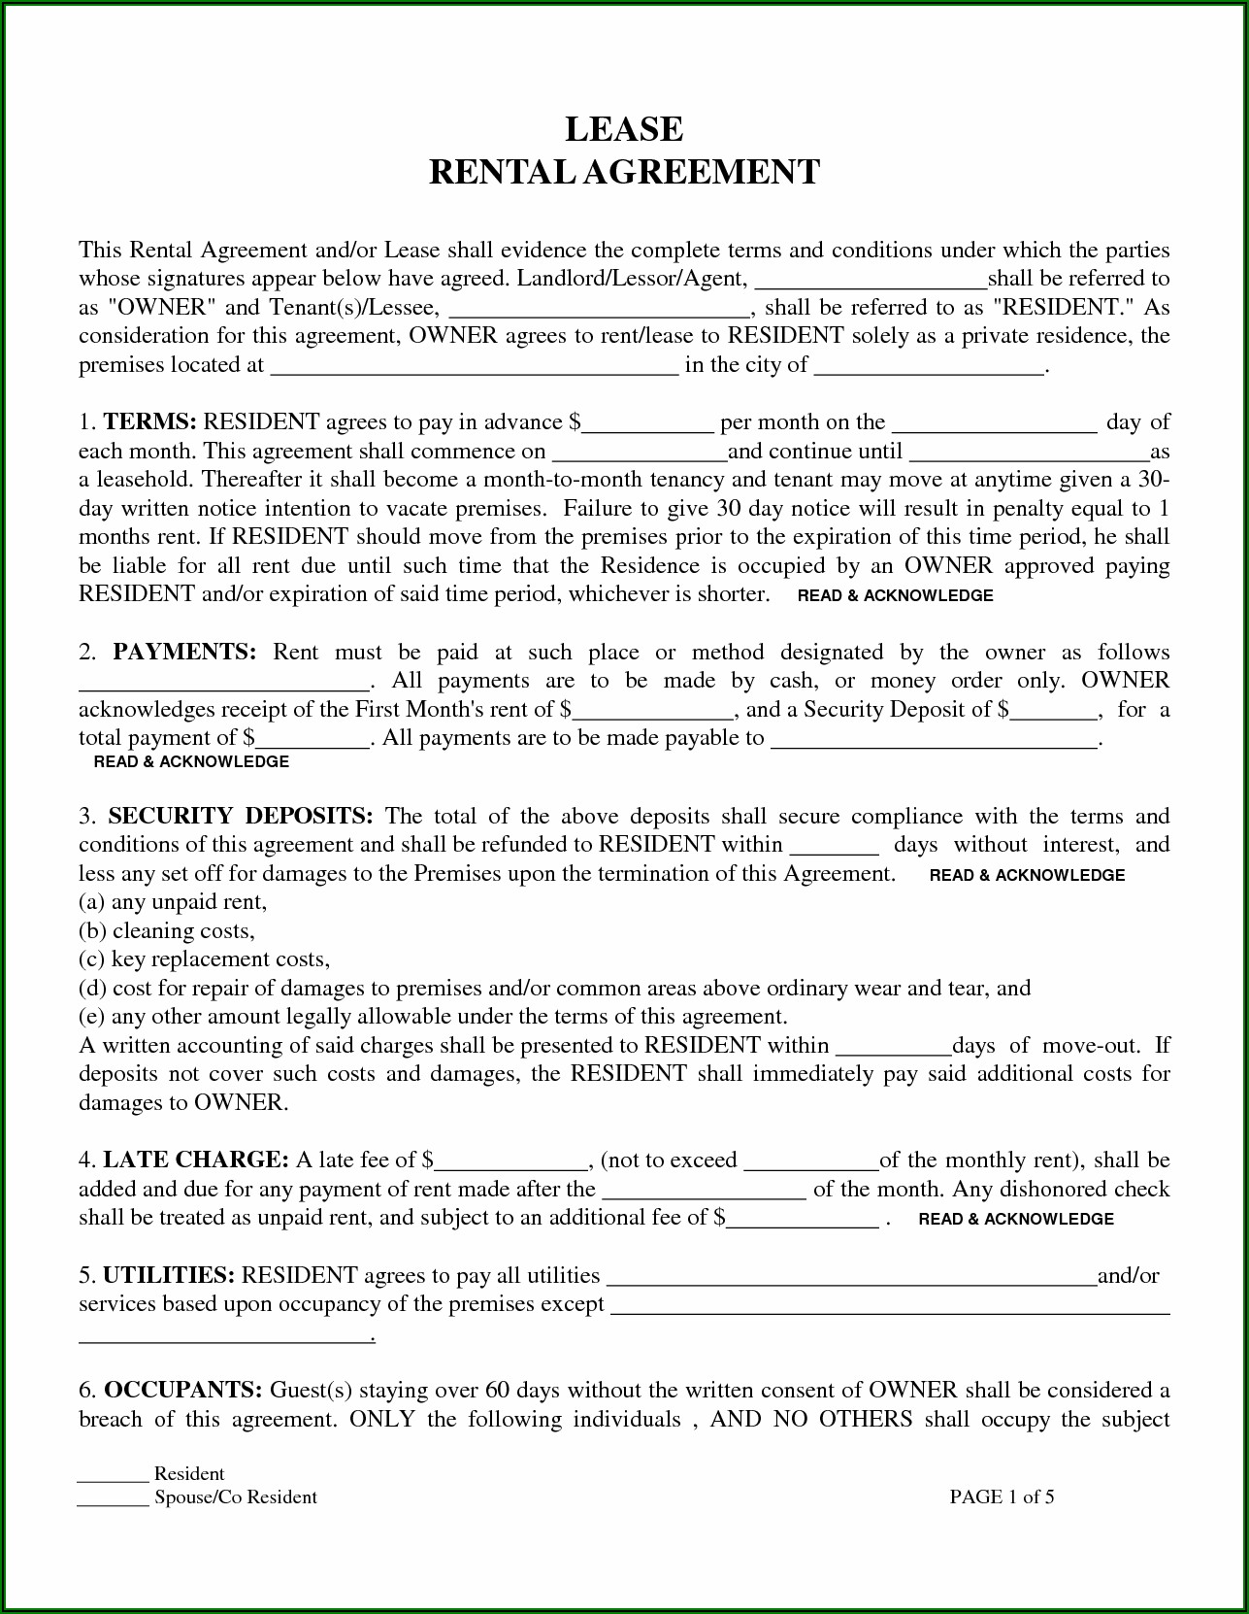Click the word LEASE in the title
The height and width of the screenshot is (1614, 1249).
[x=624, y=129]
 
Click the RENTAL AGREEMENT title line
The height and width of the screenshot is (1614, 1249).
[x=624, y=172]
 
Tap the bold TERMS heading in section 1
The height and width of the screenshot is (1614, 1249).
[x=150, y=422]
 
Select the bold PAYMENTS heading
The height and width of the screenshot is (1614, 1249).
[x=184, y=653]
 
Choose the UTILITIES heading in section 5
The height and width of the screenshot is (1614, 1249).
[x=168, y=1275]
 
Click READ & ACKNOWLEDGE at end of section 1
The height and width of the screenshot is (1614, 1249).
[x=895, y=595]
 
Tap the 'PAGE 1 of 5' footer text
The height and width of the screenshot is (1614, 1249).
[x=1002, y=1496]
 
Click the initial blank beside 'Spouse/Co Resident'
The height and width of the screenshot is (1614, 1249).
[x=113, y=1498]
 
